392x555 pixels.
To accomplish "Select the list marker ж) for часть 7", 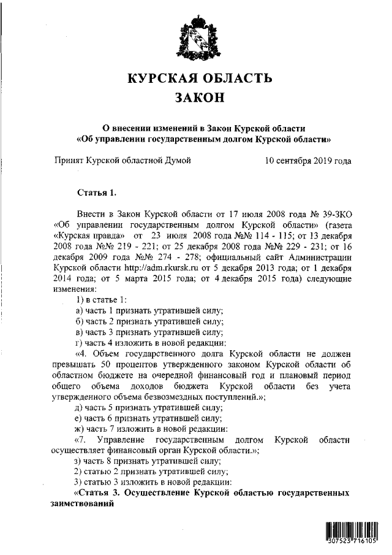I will click(79, 428).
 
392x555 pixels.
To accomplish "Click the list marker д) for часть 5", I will click(79, 408).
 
